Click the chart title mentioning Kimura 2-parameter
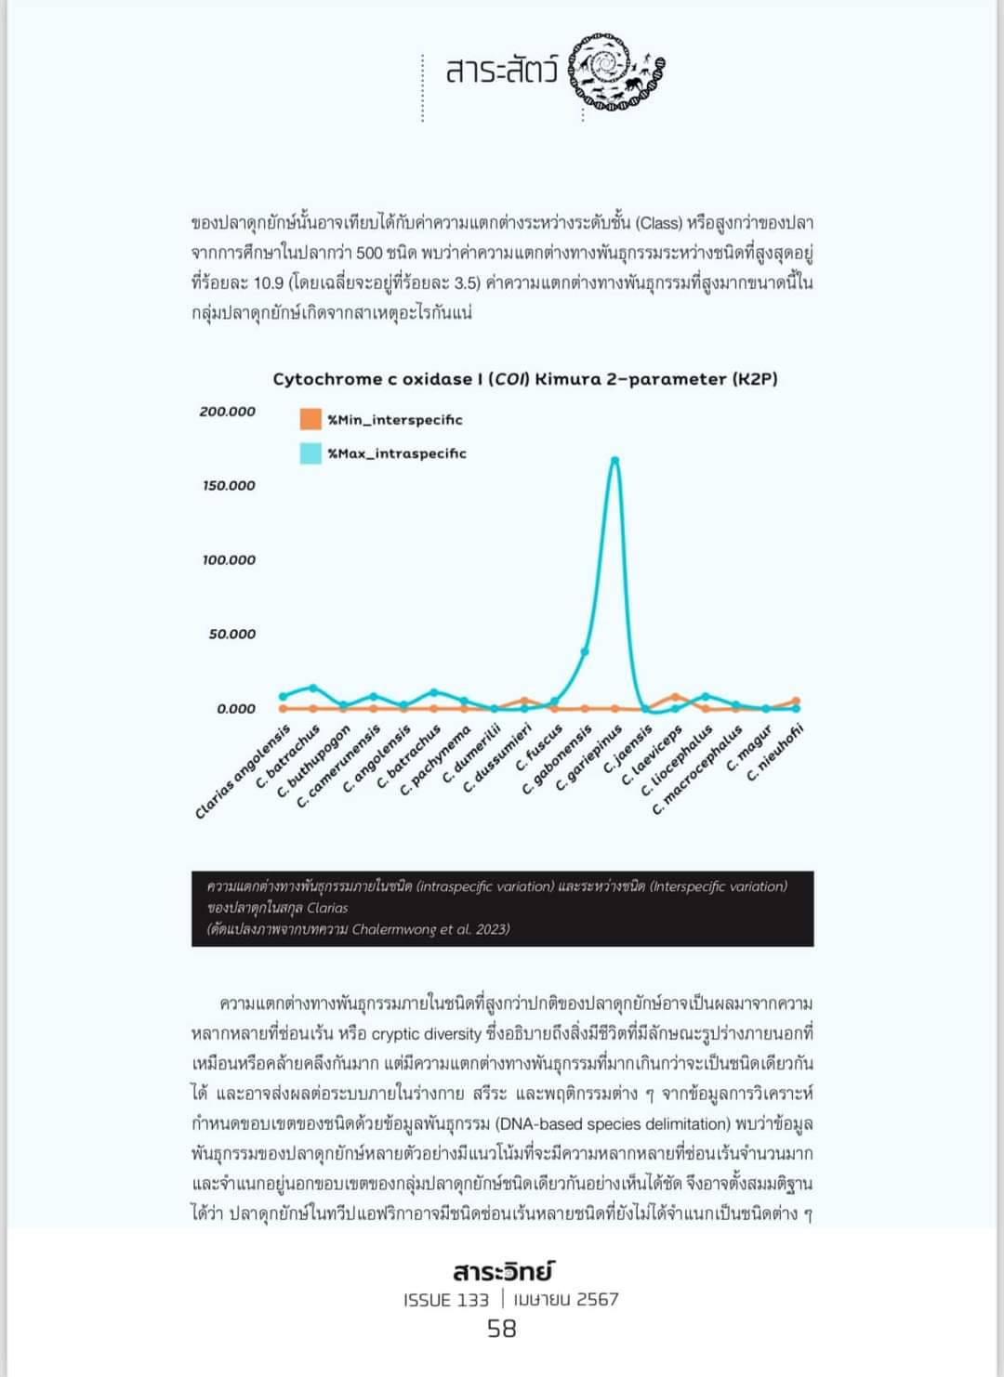525,379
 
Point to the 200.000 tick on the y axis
228,412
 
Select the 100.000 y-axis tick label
229,560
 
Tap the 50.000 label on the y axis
231,635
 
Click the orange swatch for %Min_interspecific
310,419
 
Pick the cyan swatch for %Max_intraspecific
310,453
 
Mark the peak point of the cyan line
614,460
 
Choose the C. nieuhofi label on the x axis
776,752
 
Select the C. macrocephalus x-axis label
697,770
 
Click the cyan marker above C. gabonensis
585,651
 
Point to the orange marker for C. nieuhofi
796,702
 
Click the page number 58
502,1330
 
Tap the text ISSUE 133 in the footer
446,1300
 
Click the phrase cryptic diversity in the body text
427,1034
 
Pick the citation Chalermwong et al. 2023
430,929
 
